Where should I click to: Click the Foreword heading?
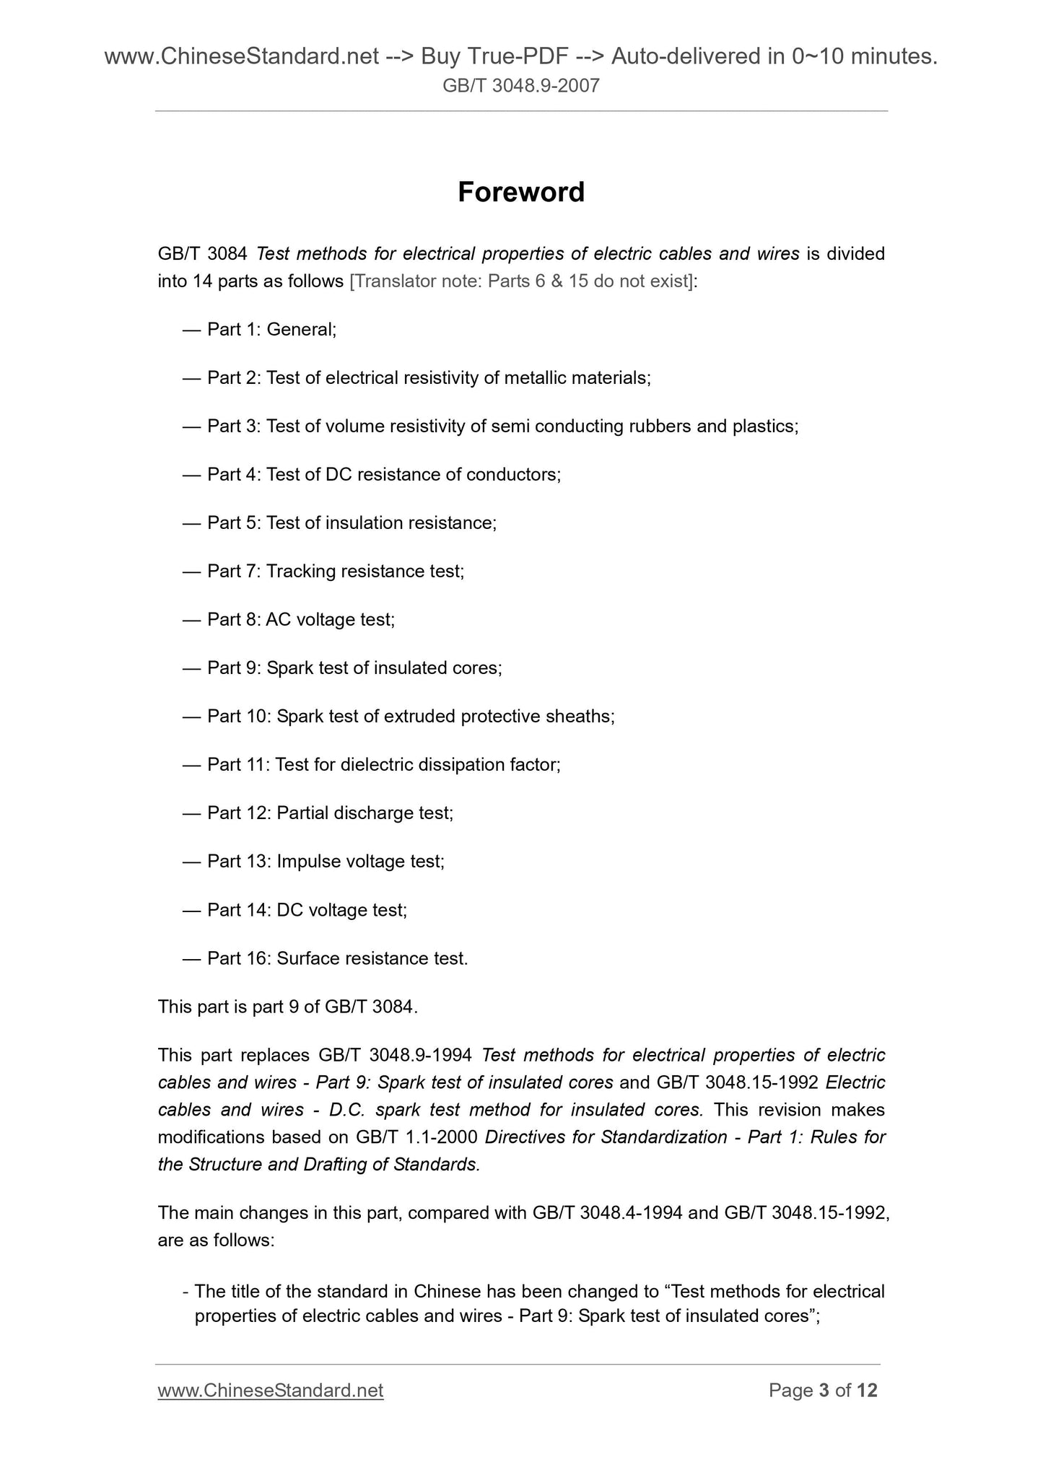pos(520,192)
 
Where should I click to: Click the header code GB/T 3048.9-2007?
pos(520,87)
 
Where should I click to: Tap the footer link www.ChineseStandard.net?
pos(270,1390)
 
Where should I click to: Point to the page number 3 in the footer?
pos(824,1390)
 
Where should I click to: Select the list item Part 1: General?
pos(271,330)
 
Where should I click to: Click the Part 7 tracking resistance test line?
pos(335,572)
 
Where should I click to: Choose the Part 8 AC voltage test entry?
pos(300,620)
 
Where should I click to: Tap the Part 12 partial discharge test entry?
pos(330,813)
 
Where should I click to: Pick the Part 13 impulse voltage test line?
pos(325,862)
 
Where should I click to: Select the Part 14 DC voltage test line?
pos(307,910)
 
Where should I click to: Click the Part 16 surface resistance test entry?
pos(337,958)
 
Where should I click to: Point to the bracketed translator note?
pos(520,281)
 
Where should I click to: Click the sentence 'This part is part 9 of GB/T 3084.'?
pos(288,1007)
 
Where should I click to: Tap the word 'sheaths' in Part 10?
pos(584,717)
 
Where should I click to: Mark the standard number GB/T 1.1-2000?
pos(417,1137)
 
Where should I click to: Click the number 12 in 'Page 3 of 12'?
pos(867,1390)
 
